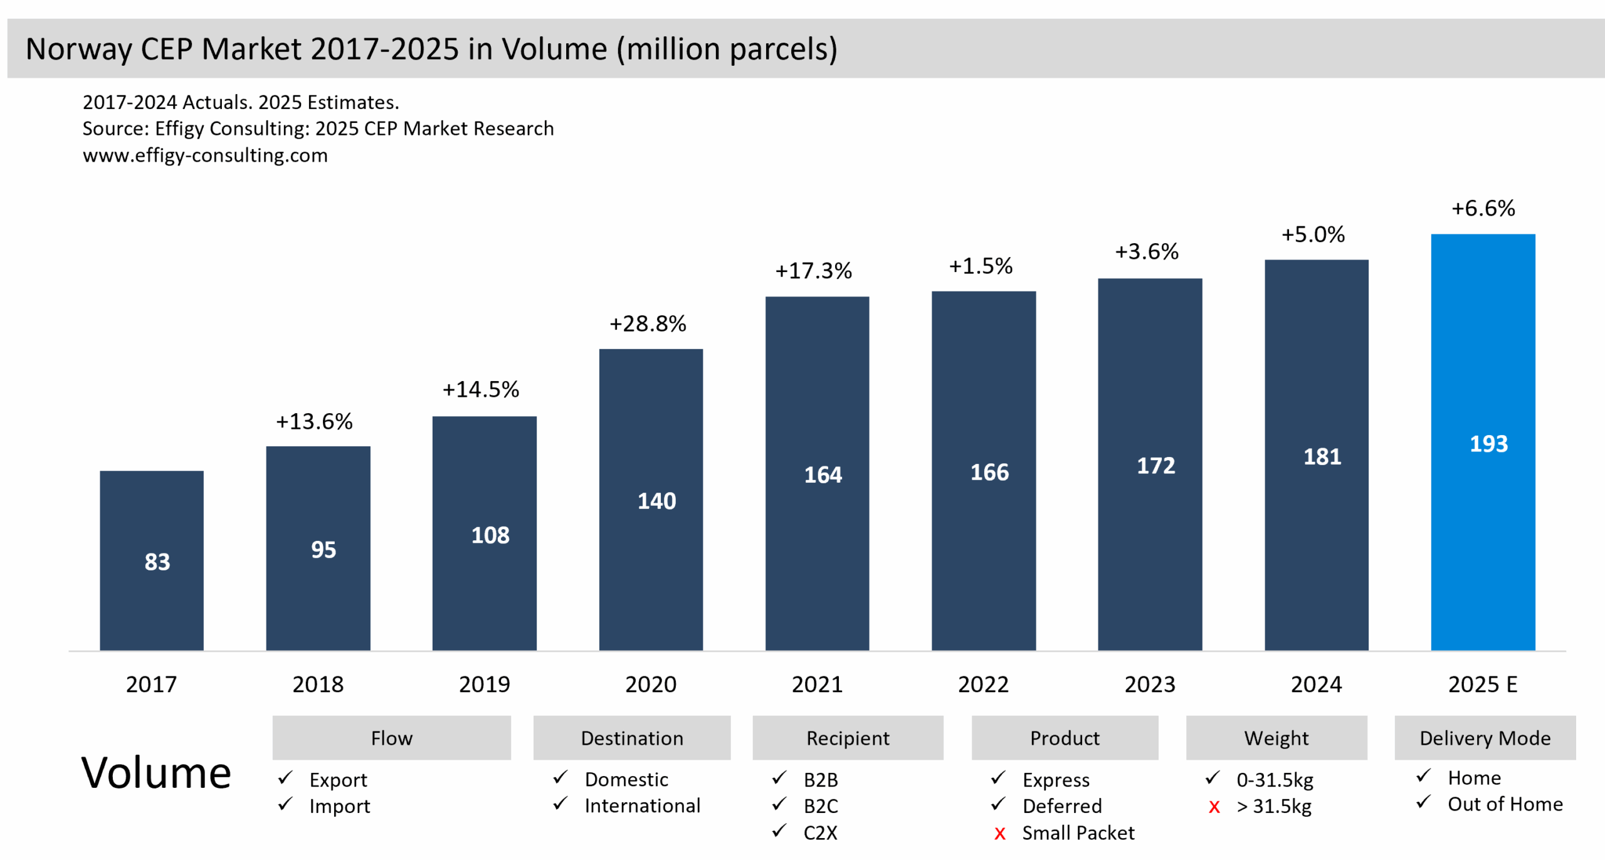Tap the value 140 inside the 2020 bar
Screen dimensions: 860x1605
coord(656,501)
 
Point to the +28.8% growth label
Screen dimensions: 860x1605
coord(648,323)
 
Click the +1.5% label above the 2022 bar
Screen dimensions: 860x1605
coord(981,266)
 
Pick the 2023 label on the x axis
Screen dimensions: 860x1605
coord(1149,684)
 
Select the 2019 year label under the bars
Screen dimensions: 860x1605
coord(484,684)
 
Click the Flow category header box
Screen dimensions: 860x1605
coord(391,738)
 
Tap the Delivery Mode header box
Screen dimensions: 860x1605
coord(1485,738)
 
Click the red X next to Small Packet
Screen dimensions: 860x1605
coord(999,834)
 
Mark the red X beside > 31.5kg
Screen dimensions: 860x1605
coord(1214,807)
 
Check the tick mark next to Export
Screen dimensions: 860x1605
coord(285,779)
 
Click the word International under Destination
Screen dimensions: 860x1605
coord(642,805)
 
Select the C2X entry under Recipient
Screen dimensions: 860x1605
coord(820,833)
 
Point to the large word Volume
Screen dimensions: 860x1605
coord(156,772)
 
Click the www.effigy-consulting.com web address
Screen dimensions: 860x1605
coord(205,155)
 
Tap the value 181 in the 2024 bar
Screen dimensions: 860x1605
coord(1322,456)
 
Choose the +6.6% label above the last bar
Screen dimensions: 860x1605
coord(1483,208)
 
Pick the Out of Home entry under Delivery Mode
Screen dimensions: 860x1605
coord(1505,804)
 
